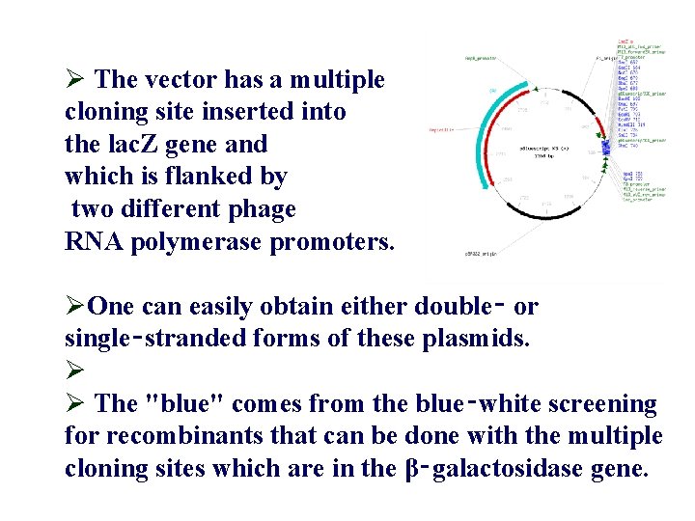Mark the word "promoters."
333,242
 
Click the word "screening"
597,404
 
